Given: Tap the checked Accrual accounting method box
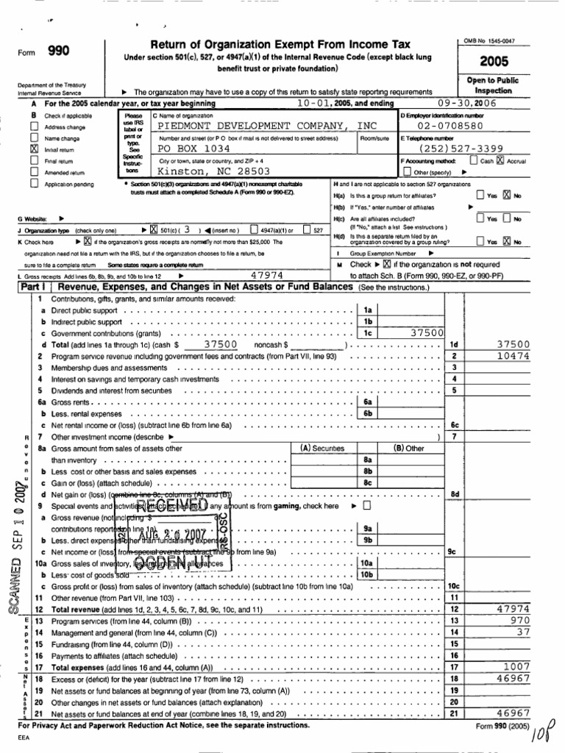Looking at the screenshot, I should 500,160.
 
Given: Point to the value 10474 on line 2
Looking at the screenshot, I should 513,355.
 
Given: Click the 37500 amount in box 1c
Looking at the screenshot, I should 426,332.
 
